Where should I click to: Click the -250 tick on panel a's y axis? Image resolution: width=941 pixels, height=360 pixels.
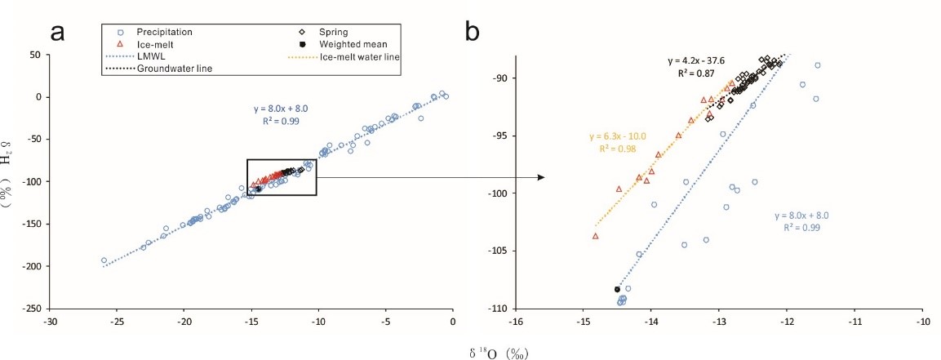pyautogui.click(x=35, y=309)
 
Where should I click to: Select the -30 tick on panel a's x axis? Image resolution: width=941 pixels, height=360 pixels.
pyautogui.click(x=51, y=322)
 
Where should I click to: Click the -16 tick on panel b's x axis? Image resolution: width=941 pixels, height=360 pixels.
pyautogui.click(x=515, y=322)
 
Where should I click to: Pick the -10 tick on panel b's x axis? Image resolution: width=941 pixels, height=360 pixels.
pyautogui.click(x=923, y=322)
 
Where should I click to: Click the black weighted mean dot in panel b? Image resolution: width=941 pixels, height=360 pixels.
pyautogui.click(x=617, y=289)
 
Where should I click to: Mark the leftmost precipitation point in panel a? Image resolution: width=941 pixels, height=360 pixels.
pyautogui.click(x=104, y=260)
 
